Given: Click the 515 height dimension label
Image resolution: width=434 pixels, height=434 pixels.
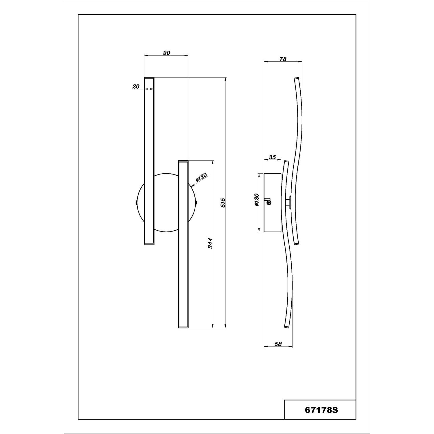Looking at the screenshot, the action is (x=222, y=203).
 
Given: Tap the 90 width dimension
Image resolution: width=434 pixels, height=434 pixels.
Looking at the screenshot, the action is (x=166, y=53).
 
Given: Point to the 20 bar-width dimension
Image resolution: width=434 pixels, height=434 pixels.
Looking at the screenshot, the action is (x=136, y=86).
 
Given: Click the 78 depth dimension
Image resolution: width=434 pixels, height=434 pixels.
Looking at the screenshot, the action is (x=283, y=59).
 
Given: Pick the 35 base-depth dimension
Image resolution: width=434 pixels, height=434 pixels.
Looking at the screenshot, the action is (x=272, y=157).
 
